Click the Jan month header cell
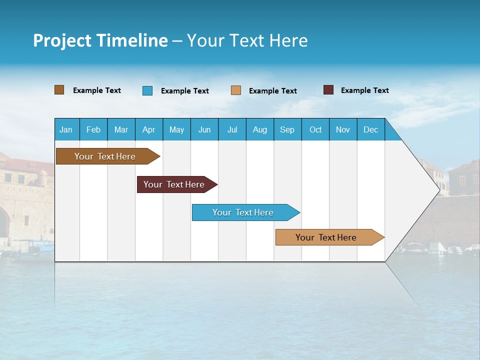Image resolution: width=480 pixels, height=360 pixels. (66, 129)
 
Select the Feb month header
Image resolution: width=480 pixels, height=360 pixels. (93, 129)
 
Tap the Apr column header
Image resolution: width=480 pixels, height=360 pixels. (149, 129)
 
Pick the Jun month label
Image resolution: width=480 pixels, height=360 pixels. (204, 129)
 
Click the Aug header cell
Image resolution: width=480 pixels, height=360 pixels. (260, 129)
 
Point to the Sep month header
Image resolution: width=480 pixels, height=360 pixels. (287, 129)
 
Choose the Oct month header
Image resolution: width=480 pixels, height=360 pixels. (315, 129)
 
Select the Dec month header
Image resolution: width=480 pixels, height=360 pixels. (371, 129)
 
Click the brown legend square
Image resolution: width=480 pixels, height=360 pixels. (59, 90)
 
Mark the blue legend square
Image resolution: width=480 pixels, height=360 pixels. (147, 90)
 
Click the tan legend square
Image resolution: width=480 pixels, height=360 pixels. (236, 90)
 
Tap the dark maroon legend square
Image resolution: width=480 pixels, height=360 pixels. (328, 90)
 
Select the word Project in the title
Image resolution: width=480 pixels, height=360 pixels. (61, 40)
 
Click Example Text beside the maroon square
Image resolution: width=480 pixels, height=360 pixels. (364, 90)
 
